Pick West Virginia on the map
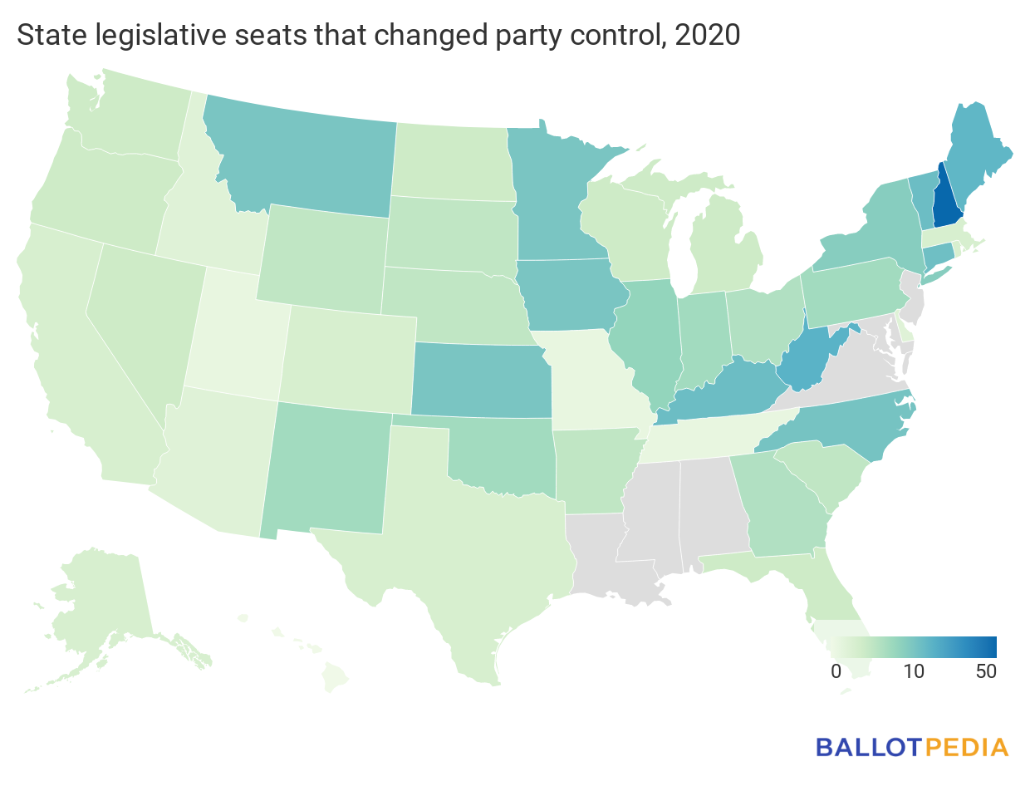point(804,361)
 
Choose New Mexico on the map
point(328,469)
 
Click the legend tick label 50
point(985,672)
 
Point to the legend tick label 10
point(914,672)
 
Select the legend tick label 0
point(836,672)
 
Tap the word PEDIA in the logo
point(965,746)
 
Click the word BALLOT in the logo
point(868,746)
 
